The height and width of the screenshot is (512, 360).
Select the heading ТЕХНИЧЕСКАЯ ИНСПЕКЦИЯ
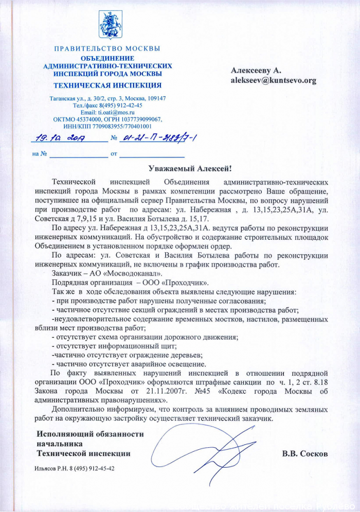107,85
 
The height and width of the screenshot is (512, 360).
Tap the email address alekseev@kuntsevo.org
273,80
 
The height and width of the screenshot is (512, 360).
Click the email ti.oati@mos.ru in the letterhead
118,112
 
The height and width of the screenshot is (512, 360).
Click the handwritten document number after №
159,137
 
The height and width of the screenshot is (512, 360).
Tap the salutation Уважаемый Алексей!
187,168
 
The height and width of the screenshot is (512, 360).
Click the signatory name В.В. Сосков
304,454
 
